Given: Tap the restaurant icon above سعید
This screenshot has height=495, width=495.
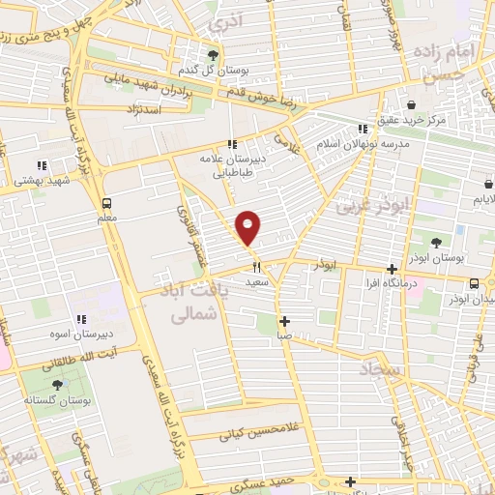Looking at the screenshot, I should point(256,267).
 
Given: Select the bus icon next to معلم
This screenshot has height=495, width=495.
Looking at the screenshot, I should point(107,203).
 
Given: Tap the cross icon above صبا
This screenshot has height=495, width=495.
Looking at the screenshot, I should point(284,321).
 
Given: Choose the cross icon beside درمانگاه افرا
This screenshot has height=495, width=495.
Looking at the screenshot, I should point(392,269).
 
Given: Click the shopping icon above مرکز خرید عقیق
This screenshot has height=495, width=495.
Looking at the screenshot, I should point(411,104).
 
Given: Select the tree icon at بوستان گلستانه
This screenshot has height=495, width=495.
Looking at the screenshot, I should point(59,383).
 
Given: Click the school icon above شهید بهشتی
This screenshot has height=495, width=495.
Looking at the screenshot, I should point(42,165).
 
